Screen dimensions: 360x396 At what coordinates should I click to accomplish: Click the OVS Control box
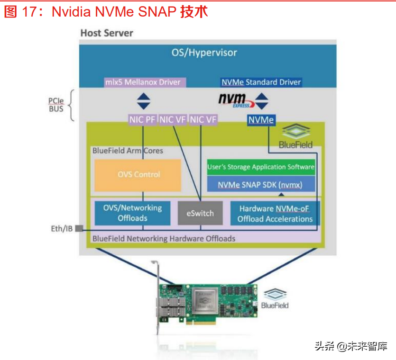click(138, 175)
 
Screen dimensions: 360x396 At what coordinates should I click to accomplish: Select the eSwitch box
click(200, 213)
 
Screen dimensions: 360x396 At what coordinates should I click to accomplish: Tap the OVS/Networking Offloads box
click(132, 213)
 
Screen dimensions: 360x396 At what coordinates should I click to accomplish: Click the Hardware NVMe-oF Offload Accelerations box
click(275, 214)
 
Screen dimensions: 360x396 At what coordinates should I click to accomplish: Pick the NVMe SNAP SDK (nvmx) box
click(261, 184)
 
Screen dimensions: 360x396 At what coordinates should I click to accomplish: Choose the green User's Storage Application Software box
click(261, 167)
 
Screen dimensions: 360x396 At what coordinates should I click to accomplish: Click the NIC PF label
click(142, 120)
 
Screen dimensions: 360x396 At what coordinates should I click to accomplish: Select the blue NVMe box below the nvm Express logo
click(261, 120)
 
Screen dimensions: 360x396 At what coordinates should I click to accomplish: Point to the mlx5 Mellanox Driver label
click(143, 82)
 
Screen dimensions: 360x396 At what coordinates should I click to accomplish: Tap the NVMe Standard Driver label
click(261, 82)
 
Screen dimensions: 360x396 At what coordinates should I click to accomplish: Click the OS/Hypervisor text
click(204, 52)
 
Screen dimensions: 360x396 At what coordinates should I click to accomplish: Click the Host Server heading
click(107, 33)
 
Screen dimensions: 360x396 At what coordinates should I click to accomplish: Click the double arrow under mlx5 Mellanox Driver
click(143, 101)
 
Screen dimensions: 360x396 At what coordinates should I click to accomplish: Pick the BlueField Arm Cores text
click(128, 151)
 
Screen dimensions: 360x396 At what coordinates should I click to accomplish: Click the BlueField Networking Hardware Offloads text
click(164, 238)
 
